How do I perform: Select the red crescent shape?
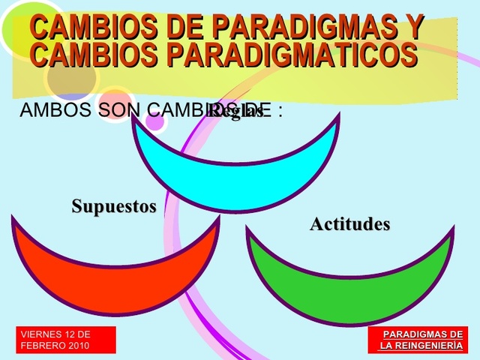click(x=112, y=262)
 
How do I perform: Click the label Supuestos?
click(x=114, y=206)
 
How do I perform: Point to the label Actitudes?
click(x=350, y=224)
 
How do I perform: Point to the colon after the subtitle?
click(x=280, y=112)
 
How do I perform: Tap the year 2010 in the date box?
click(x=79, y=346)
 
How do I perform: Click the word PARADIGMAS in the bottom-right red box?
click(x=415, y=334)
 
